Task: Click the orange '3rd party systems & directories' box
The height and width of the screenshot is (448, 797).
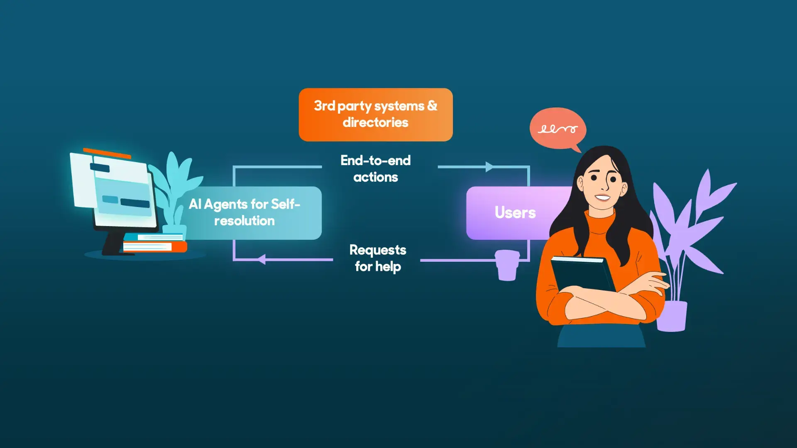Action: click(375, 114)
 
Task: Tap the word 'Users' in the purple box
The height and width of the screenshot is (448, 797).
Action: click(515, 212)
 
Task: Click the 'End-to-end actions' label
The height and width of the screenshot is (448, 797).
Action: click(375, 169)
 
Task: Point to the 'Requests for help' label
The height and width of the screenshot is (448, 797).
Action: click(378, 258)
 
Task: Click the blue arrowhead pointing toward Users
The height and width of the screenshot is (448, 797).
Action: click(489, 167)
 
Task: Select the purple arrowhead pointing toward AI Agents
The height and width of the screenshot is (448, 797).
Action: click(262, 260)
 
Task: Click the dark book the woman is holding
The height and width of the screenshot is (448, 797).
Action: click(581, 274)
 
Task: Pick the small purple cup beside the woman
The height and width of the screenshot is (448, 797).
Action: click(507, 265)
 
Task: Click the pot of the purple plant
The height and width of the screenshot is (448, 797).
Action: click(672, 316)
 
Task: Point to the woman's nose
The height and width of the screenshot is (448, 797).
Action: click(604, 185)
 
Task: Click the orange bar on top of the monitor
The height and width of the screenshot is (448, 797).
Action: click(107, 153)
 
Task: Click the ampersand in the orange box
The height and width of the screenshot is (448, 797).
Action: click(432, 105)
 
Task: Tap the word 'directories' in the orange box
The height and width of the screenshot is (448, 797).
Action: click(375, 122)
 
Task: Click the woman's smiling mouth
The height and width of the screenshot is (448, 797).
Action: click(602, 197)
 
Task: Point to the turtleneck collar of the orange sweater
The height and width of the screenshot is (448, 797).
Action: click(600, 220)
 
